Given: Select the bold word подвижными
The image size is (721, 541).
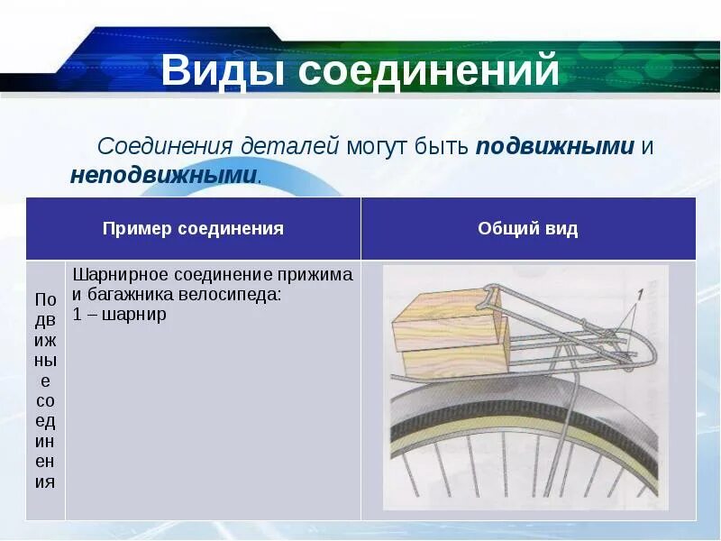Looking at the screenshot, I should (x=555, y=147).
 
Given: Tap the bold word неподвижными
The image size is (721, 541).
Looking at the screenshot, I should (x=163, y=174).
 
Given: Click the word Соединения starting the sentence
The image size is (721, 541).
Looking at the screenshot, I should (x=167, y=147).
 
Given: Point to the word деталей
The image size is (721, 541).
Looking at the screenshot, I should (x=290, y=147).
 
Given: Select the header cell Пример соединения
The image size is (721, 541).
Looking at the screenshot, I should (x=193, y=229).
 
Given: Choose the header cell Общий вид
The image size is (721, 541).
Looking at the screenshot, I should (x=527, y=229).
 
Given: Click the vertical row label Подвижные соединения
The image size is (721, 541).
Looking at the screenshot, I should (x=45, y=390).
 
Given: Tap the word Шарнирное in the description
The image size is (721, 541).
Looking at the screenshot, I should (x=114, y=274).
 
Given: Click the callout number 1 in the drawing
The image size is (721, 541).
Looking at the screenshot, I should (x=639, y=294).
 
